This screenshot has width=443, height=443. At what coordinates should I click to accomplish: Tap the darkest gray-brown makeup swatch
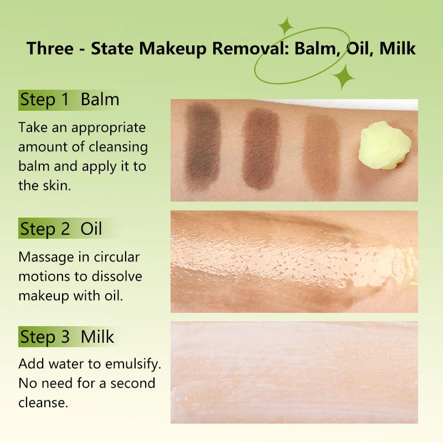(x=203, y=147)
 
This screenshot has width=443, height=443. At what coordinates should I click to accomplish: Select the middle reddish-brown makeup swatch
(x=261, y=148)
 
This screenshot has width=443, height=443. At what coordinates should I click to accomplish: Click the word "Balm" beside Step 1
(x=100, y=100)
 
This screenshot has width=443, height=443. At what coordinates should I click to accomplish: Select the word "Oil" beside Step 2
(x=91, y=229)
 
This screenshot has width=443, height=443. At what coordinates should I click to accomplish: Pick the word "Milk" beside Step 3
(x=97, y=336)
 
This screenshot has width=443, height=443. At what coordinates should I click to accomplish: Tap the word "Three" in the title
(x=50, y=48)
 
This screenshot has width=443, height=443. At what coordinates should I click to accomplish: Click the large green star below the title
(x=343, y=76)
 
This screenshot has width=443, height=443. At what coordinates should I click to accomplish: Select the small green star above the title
(x=286, y=26)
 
